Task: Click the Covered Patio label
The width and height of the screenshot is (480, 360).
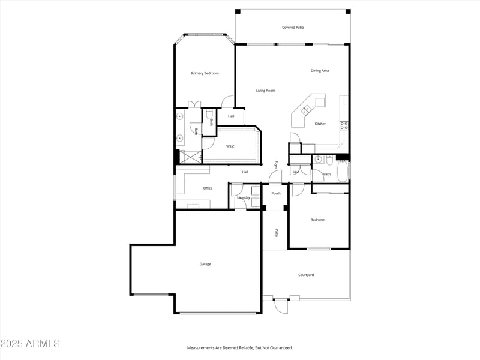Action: coord(293,28)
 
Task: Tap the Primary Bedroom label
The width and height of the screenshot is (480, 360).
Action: coord(205,73)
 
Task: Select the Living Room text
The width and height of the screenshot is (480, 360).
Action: coord(265,91)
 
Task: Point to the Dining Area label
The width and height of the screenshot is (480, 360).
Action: coord(319,71)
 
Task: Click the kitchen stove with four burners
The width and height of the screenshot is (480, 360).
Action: coord(344,125)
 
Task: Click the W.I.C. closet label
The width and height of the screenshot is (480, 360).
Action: coord(230,146)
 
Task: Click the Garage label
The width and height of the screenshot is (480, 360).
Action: coord(205,264)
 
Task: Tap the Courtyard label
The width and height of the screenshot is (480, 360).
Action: coord(306,275)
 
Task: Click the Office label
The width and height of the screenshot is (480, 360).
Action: coord(208,188)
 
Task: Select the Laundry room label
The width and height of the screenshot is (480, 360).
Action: coord(244,197)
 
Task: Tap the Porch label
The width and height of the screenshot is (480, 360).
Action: coord(276,193)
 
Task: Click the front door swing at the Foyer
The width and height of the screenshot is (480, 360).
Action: coord(275,177)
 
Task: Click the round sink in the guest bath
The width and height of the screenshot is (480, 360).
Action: coord(319,160)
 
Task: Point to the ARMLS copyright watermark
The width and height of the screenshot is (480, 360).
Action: coord(30,344)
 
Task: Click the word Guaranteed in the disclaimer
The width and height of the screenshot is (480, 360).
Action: coord(278,348)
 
